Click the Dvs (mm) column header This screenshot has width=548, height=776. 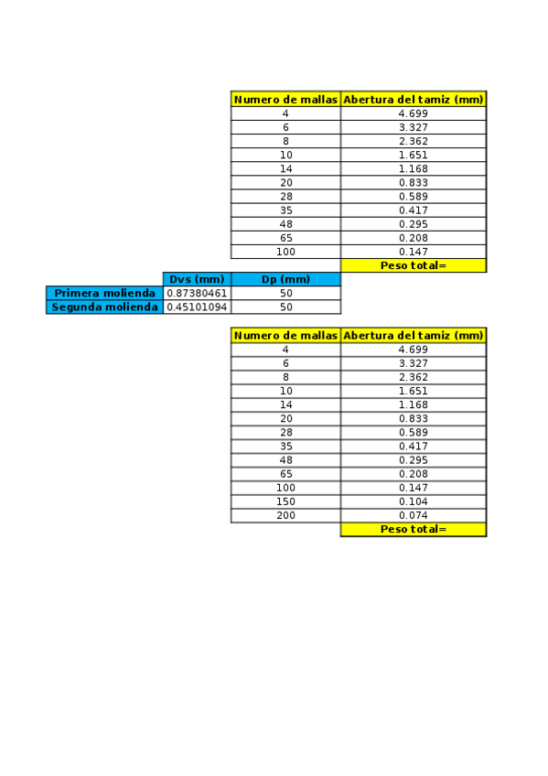198,279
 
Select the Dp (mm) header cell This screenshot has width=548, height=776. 285,279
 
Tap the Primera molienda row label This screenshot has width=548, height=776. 105,293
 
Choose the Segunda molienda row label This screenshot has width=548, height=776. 105,307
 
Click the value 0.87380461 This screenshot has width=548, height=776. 198,293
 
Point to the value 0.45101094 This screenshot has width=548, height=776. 198,307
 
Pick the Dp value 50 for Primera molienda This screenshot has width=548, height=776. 285,293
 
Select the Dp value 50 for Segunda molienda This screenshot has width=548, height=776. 285,307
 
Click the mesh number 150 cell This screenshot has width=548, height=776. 285,501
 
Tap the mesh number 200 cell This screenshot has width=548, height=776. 285,515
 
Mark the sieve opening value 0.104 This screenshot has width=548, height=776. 414,501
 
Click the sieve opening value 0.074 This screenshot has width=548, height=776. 414,515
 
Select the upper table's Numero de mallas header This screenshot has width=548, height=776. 285,99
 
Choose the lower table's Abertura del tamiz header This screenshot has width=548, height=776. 414,335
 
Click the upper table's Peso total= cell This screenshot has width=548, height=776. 414,265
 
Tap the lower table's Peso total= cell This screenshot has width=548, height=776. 414,529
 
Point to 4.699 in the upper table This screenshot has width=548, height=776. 414,113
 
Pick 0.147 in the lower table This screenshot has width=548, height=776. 414,488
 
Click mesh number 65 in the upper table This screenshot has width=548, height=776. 285,238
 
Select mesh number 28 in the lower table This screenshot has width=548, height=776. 285,432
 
